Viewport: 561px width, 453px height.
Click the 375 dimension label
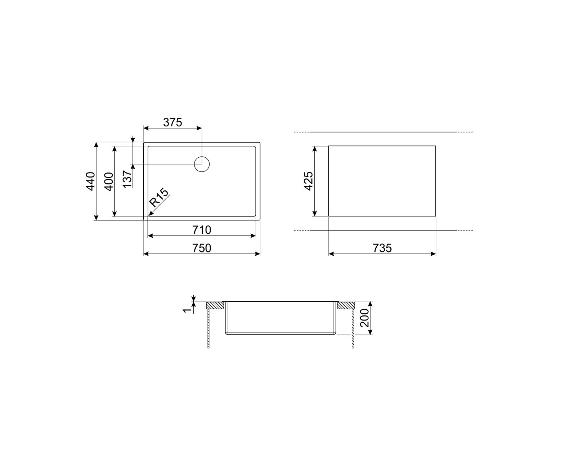coord(172,122)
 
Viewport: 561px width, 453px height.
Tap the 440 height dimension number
coord(91,181)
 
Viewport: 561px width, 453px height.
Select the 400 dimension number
coord(109,181)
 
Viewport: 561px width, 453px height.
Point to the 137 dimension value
coord(127,179)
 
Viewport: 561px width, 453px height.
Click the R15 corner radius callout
coord(158,197)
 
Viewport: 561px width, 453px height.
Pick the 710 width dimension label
coord(202,230)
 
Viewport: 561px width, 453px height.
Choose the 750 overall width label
coord(202,248)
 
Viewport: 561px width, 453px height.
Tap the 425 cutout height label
coord(309,181)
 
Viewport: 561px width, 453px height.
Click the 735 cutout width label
coord(382,248)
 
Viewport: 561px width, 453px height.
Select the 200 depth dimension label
coord(365,318)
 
